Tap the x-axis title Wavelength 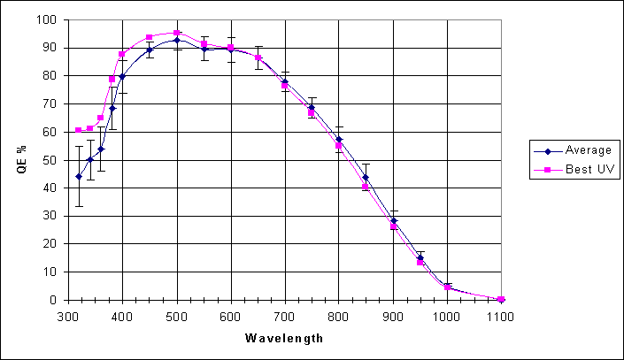(285, 337)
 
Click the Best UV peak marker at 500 (177, 33)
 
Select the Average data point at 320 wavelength (79, 176)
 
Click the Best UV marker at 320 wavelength (79, 130)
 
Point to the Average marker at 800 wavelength (339, 139)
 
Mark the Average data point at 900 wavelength (393, 221)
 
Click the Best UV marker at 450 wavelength (150, 37)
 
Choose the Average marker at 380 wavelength (112, 108)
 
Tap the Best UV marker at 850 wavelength (366, 187)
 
